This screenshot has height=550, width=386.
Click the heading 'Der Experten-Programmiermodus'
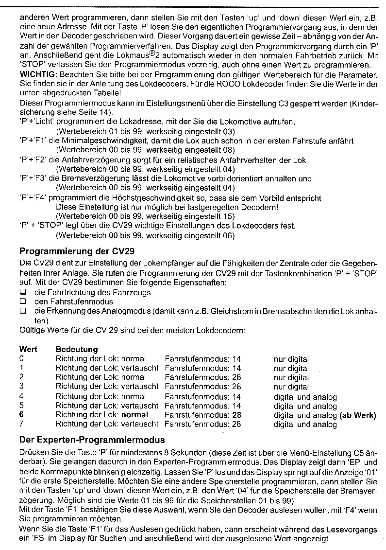pyautogui.click(x=92, y=441)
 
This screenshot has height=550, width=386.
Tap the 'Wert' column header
pyautogui.click(x=28, y=349)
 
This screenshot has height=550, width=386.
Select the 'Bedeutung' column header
pyautogui.click(x=77, y=349)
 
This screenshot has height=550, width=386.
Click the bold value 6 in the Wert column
pyautogui.click(x=22, y=415)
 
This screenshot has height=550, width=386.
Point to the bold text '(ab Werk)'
pyautogui.click(x=358, y=415)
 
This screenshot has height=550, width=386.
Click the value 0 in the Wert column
pyautogui.click(x=22, y=359)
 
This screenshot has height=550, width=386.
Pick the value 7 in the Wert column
pyautogui.click(x=22, y=424)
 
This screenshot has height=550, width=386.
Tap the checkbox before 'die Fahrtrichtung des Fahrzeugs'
pyautogui.click(x=22, y=292)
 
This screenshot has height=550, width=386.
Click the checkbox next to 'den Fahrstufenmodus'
pyautogui.click(x=22, y=302)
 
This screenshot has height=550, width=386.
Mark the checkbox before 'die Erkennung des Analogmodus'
pyautogui.click(x=22, y=311)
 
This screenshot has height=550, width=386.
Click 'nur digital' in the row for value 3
pyautogui.click(x=291, y=387)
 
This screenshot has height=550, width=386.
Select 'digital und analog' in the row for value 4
pyautogui.click(x=305, y=396)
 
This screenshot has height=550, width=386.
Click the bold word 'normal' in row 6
pyautogui.click(x=134, y=415)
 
